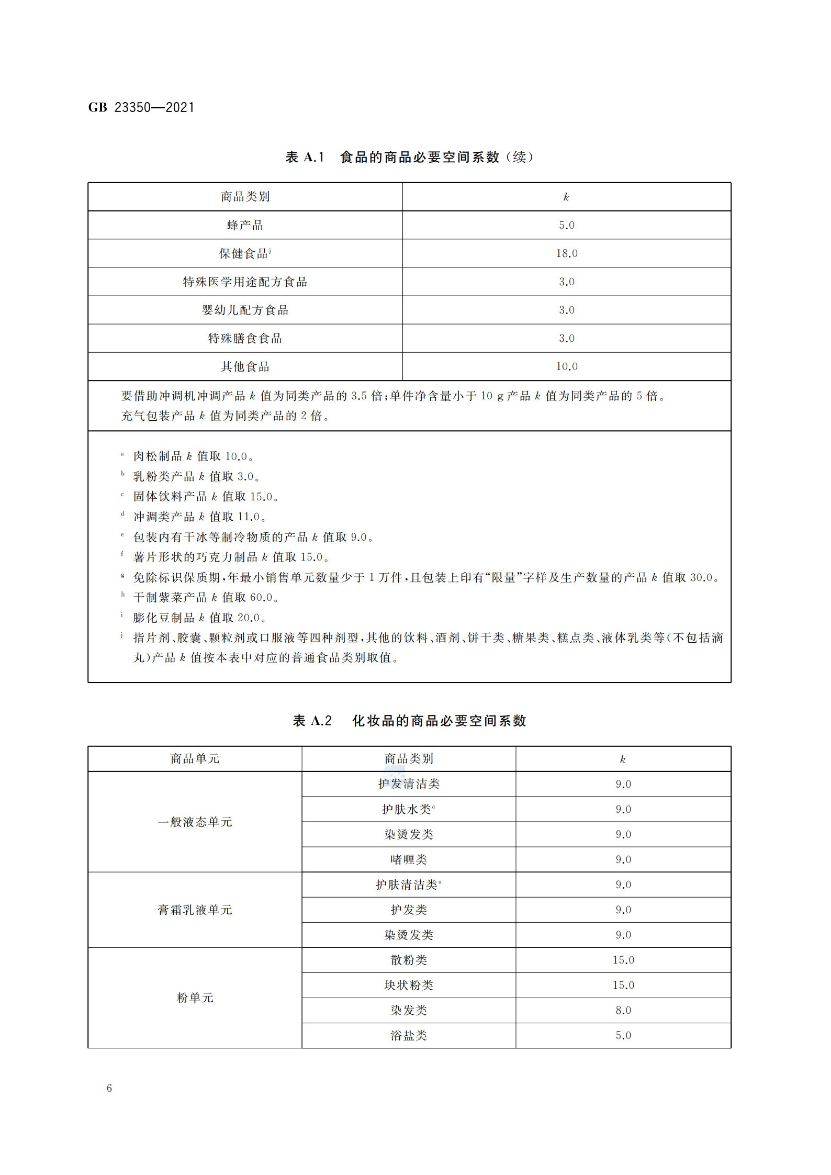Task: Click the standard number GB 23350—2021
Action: (x=141, y=108)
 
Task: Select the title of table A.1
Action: (x=409, y=157)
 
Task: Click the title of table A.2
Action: (x=409, y=721)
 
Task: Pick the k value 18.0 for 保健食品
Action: (x=566, y=253)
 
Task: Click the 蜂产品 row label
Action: (x=245, y=225)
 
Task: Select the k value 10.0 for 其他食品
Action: (x=566, y=366)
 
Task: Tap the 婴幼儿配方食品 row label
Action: (x=245, y=310)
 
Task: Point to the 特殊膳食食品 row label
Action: (x=245, y=338)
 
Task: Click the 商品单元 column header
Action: (x=195, y=758)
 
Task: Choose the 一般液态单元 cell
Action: (x=195, y=822)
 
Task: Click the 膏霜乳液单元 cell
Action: (x=195, y=910)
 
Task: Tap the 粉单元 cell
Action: (x=195, y=998)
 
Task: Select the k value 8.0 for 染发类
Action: (x=623, y=1010)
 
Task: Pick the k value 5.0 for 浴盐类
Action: (x=623, y=1035)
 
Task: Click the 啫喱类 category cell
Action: (x=409, y=859)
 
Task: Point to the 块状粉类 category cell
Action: (x=409, y=985)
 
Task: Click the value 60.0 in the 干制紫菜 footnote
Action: (x=261, y=597)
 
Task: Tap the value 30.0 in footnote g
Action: (x=702, y=577)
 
